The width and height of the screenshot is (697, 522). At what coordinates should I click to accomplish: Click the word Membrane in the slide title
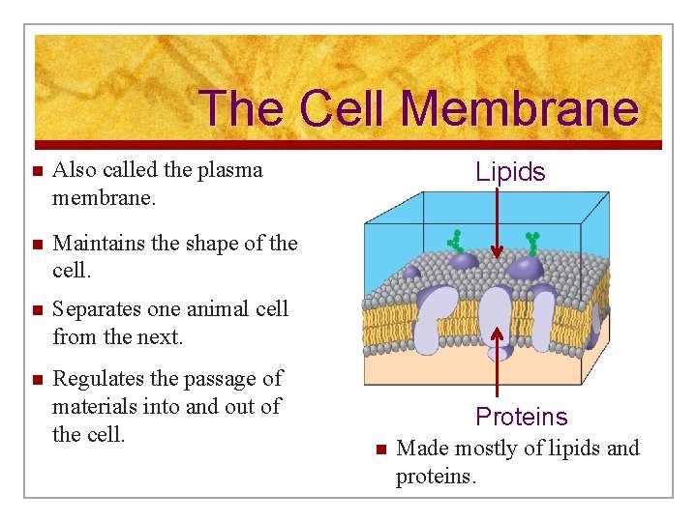[x=519, y=108]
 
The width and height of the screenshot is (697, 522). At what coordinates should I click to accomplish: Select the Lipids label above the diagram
[x=510, y=172]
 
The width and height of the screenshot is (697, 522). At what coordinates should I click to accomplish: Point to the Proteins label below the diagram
[x=521, y=417]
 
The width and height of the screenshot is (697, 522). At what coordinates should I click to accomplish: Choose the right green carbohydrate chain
[x=531, y=243]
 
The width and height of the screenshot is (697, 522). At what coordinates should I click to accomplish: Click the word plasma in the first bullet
[x=229, y=170]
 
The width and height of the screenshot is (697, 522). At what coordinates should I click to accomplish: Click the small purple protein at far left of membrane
[x=410, y=272]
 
